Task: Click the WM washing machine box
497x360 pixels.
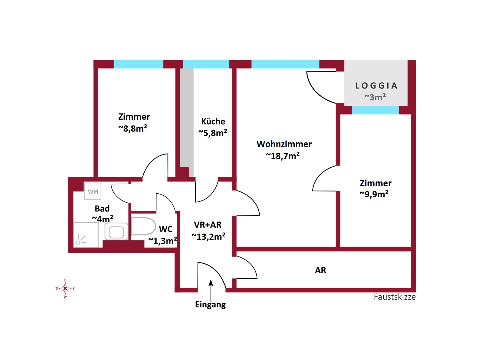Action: [x=93, y=191]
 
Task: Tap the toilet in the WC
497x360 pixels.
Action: [x=143, y=226]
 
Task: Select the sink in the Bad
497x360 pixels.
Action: [x=116, y=231]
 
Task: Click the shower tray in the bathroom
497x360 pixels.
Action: [x=86, y=235]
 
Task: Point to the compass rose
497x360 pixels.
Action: [x=65, y=288]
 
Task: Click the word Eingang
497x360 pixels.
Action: [x=210, y=305]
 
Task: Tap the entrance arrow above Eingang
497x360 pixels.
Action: [x=211, y=290]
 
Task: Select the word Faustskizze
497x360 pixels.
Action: [x=394, y=297]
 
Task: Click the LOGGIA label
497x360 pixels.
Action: [x=376, y=86]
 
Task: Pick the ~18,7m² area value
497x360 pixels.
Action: [x=283, y=156]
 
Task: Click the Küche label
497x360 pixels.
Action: [x=213, y=121]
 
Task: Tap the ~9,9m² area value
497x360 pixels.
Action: [x=374, y=194]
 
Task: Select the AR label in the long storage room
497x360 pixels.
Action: [x=320, y=270]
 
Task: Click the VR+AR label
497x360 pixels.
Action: [x=208, y=225]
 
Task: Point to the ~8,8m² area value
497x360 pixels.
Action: [x=133, y=128]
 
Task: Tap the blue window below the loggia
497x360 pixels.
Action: [x=375, y=110]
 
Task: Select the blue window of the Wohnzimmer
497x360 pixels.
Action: [x=285, y=64]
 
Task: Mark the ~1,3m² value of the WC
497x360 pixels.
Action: [x=162, y=241]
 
